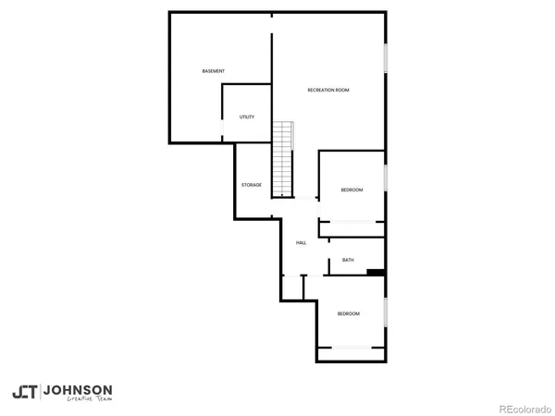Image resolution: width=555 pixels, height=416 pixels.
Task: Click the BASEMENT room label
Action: (x=214, y=71)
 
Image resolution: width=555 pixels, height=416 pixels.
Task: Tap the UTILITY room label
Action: (x=247, y=116)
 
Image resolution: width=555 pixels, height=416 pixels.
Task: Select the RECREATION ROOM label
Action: (x=328, y=90)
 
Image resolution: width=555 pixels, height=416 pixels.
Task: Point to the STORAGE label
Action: (x=252, y=185)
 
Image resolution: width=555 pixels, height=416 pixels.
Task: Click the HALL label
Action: (x=301, y=243)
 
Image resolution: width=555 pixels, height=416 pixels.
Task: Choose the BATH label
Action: (x=348, y=260)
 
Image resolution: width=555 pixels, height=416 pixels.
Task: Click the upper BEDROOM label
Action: (x=351, y=190)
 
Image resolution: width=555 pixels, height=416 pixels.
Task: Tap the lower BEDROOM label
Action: (x=348, y=314)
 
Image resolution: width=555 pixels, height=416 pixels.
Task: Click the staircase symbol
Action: (x=282, y=158)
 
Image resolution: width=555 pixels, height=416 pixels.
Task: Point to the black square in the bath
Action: (x=376, y=272)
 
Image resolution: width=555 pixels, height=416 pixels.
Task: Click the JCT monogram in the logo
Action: (x=25, y=392)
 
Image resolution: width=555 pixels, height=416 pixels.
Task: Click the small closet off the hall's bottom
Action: (x=292, y=288)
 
